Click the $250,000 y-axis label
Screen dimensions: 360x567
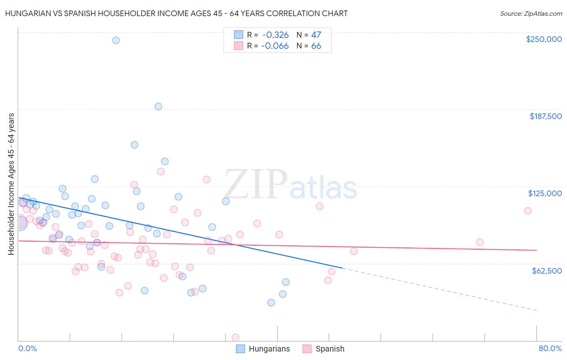tap(544, 39)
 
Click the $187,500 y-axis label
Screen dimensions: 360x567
tap(545, 116)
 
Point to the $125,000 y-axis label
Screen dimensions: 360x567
tap(545, 193)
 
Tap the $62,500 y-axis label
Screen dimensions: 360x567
tap(546, 271)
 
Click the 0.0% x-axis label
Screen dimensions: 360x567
tap(27, 349)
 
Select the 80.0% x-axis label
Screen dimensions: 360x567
tap(550, 349)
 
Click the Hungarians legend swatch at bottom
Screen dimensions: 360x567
tap(240, 349)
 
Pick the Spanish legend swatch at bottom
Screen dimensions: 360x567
tap(307, 349)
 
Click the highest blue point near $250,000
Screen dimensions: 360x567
tap(116, 40)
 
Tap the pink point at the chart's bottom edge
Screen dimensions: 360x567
tap(236, 337)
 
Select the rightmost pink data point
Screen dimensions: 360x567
tap(527, 211)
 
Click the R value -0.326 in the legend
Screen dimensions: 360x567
tap(275, 35)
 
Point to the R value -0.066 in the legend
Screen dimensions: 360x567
tap(275, 46)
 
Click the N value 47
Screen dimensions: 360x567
tap(316, 35)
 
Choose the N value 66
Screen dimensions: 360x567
tap(316, 46)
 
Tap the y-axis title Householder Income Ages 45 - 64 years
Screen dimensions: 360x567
tap(11, 184)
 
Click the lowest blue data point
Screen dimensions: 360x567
tap(271, 303)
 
